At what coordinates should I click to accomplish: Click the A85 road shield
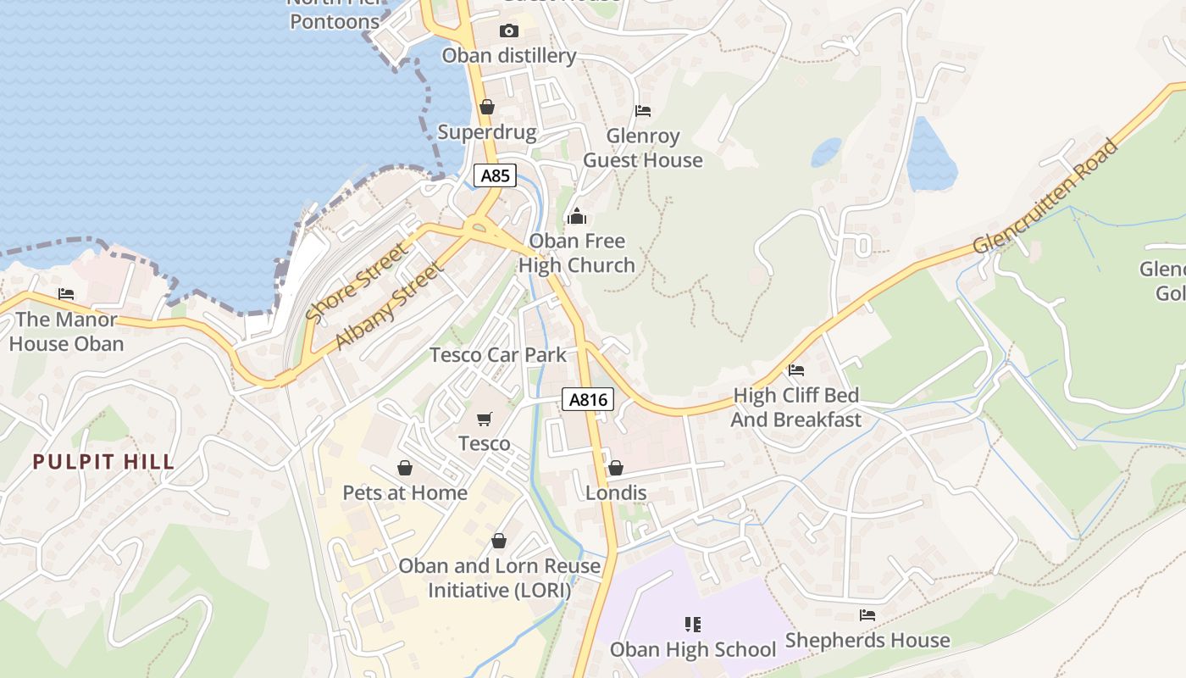pos(495,176)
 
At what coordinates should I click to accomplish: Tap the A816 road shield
pos(587,399)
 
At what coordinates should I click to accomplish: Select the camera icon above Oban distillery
pos(508,31)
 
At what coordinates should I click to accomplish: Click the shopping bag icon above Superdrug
pos(486,107)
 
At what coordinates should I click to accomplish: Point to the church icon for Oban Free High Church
pos(577,216)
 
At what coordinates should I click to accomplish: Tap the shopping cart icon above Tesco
pos(485,419)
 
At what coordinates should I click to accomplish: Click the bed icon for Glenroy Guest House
pos(643,111)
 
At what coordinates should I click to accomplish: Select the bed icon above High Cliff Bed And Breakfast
pos(795,370)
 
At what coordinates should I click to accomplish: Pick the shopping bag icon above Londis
pos(616,468)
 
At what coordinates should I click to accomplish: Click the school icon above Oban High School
pos(693,625)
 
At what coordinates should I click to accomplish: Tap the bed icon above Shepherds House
pos(867,615)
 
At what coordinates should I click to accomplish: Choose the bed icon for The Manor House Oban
pos(66,294)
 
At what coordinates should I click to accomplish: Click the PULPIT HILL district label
pos(103,463)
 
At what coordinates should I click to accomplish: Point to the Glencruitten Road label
pos(1045,197)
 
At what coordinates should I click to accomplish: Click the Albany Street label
pos(389,306)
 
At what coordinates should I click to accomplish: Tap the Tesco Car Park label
pos(497,354)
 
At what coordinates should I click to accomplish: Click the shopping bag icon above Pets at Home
pos(405,468)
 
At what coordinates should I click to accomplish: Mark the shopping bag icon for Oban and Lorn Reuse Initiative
pos(499,541)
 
